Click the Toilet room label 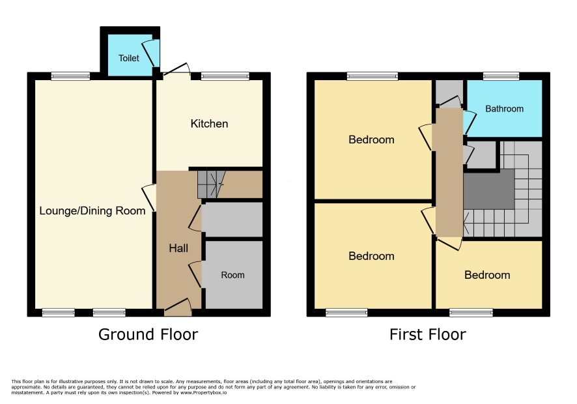click(129, 58)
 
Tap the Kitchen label click(209, 124)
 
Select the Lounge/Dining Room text click(92, 211)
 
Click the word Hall click(178, 248)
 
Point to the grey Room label click(232, 275)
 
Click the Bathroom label click(504, 109)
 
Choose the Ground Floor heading click(148, 334)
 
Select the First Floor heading click(428, 334)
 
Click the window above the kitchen click(225, 76)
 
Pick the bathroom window click(501, 76)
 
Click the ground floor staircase click(211, 184)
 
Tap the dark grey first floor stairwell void click(488, 190)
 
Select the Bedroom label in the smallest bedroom click(487, 275)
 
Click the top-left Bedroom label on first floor click(371, 139)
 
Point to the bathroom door click(470, 123)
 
